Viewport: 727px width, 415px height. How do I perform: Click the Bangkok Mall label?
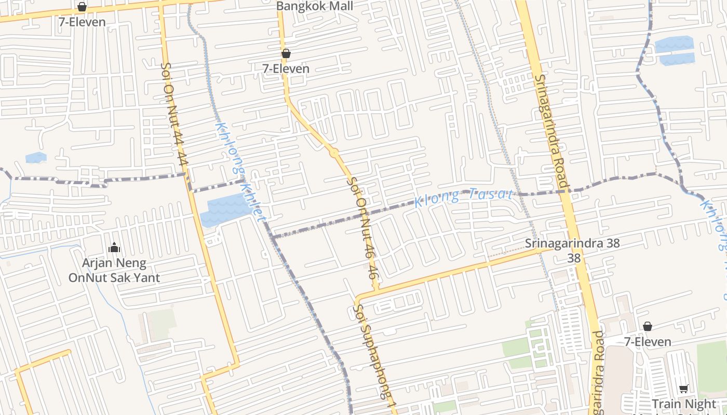[315, 6]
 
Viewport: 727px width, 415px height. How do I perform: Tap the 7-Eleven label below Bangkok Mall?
[286, 68]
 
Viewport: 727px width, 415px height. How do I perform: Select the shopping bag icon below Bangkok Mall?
[286, 53]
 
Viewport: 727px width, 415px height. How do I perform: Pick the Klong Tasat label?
[464, 197]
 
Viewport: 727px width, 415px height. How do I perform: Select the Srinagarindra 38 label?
[572, 243]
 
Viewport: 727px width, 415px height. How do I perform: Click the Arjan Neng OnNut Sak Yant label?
[114, 270]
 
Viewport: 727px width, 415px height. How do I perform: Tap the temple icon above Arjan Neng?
[114, 247]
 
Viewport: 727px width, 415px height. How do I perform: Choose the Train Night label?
[683, 404]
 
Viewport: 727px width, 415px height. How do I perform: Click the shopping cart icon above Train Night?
[684, 389]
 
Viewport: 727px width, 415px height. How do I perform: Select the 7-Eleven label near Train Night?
[648, 342]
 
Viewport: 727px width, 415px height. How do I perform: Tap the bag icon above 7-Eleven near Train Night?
[648, 326]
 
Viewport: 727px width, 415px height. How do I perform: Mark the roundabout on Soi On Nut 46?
[334, 153]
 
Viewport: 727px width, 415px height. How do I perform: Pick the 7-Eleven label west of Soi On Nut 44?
[82, 22]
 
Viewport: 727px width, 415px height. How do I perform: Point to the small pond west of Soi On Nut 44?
[36, 157]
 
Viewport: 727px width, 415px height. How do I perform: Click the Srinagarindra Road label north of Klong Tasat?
[551, 132]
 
